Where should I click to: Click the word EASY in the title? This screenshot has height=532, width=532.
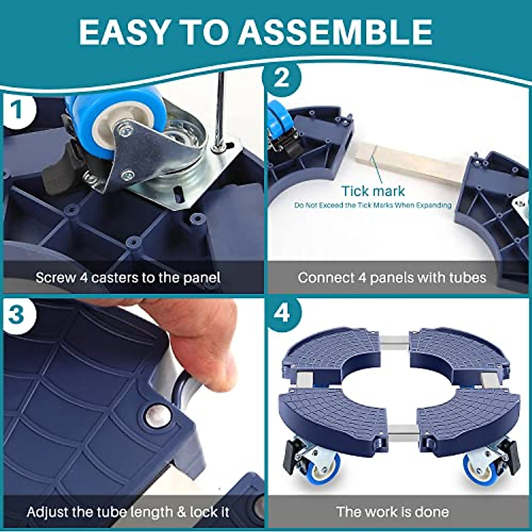tap(124, 32)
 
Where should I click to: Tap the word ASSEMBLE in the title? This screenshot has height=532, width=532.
tap(336, 32)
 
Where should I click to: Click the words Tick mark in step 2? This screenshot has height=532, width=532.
tap(373, 191)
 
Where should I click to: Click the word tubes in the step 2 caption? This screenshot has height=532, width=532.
tap(467, 277)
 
